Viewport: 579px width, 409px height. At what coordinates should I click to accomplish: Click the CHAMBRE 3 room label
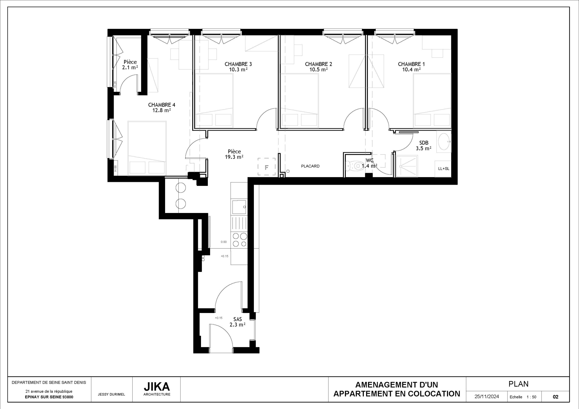pyautogui.click(x=238, y=64)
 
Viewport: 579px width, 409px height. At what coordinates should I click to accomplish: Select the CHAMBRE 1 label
pyautogui.click(x=411, y=64)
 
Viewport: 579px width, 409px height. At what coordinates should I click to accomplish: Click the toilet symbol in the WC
pyautogui.click(x=355, y=166)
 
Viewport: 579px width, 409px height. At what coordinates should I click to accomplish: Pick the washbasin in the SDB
pyautogui.click(x=444, y=142)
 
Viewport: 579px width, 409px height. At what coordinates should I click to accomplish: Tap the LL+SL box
pyautogui.click(x=443, y=169)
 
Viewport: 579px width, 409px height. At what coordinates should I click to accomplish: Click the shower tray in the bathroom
pyautogui.click(x=407, y=166)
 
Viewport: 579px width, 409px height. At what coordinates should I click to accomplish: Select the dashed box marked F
pyautogui.click(x=266, y=167)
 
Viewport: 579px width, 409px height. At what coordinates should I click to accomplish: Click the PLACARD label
pyautogui.click(x=310, y=166)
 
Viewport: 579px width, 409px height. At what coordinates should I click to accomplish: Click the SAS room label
pyautogui.click(x=237, y=319)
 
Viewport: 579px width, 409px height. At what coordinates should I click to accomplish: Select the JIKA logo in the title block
pyautogui.click(x=157, y=386)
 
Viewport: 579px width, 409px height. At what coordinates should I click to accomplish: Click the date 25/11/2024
pyautogui.click(x=487, y=397)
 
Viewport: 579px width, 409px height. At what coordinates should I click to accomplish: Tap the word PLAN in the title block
pyautogui.click(x=518, y=384)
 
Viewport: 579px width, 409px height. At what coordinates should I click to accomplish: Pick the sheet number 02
pyautogui.click(x=555, y=397)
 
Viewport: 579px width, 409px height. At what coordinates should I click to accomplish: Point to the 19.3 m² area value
pyautogui.click(x=234, y=157)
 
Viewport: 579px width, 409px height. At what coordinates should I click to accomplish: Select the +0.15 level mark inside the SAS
pyautogui.click(x=219, y=318)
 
